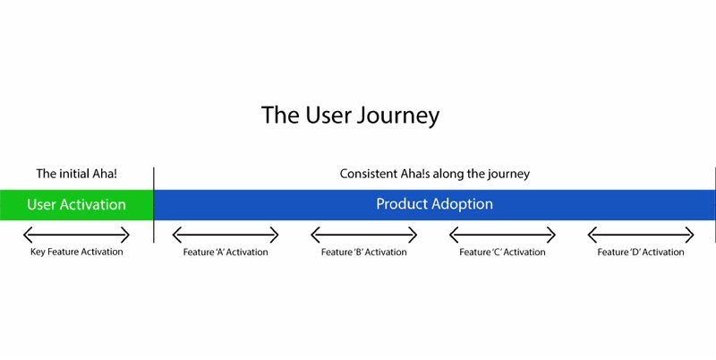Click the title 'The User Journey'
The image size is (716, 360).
350,116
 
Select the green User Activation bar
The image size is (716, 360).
77,205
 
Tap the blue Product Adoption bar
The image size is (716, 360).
435,205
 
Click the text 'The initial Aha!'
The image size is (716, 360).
77,174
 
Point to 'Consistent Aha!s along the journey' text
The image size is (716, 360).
435,174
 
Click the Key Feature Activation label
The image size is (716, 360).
77,252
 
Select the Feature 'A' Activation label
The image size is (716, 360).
226,253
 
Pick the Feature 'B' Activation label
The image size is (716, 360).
364,253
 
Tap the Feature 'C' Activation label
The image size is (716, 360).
502,253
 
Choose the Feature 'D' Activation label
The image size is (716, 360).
641,253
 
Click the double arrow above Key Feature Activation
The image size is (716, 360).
76,236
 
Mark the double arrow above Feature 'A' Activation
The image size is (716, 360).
226,236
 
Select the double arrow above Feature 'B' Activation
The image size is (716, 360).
364,236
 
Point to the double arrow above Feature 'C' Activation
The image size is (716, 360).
502,236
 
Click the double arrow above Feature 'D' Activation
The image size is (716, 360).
641,236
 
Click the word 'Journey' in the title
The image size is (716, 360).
397,116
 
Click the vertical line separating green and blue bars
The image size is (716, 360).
154,205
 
